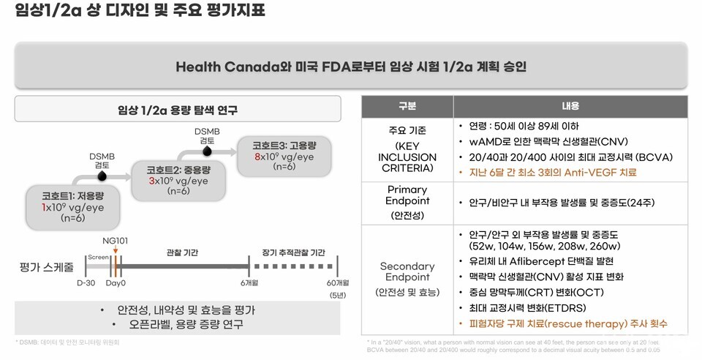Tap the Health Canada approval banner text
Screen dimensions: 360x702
[x=351, y=67]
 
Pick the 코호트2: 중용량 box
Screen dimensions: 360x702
[x=178, y=180]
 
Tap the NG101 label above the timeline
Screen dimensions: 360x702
[x=116, y=240]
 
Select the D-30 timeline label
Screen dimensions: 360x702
[x=86, y=282]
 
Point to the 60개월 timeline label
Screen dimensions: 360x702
[x=336, y=282]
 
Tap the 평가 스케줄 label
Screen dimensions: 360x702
[x=45, y=267]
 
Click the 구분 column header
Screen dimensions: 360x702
[x=407, y=105]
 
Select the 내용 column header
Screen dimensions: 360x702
[x=570, y=105]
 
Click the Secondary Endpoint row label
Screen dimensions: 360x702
[x=407, y=271]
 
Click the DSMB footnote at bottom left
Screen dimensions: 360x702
[x=67, y=342]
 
